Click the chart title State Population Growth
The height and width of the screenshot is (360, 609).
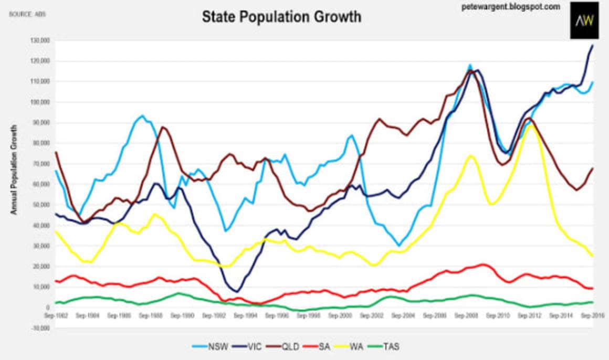[x=281, y=17]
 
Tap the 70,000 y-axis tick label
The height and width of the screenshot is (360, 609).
[x=40, y=164]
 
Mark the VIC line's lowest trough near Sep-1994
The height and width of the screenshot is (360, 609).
[x=238, y=291]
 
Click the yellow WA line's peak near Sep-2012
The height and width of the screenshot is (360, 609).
[x=531, y=125]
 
